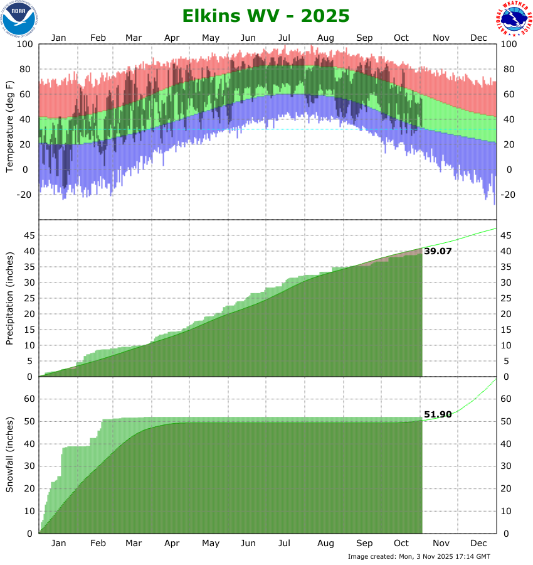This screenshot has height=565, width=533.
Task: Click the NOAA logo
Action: [19, 19]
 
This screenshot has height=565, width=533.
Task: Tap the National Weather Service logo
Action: [514, 19]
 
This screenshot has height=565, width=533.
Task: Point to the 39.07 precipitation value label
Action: [438, 251]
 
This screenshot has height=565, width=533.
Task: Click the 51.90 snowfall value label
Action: [438, 415]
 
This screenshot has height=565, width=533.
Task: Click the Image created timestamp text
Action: [419, 556]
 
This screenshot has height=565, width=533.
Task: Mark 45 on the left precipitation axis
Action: [28, 235]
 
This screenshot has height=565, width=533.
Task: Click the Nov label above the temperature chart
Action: [441, 38]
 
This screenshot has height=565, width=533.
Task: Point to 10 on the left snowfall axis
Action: [28, 511]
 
